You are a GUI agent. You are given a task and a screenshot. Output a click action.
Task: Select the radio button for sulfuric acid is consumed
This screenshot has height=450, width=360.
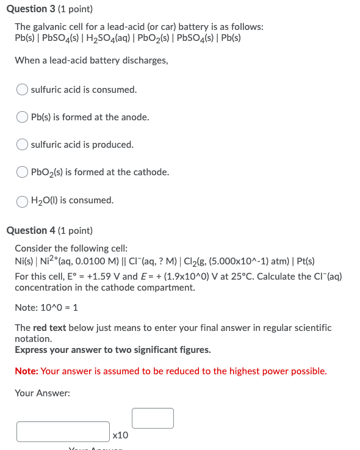(x=23, y=90)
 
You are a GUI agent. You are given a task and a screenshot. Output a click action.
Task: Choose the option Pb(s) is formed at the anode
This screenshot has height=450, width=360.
(x=23, y=117)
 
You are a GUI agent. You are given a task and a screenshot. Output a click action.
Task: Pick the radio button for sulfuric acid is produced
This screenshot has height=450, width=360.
(x=23, y=145)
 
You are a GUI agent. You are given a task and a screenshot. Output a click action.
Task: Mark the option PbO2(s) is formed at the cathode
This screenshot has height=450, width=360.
(x=23, y=172)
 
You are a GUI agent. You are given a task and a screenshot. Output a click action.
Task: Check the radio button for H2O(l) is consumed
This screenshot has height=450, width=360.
(x=23, y=200)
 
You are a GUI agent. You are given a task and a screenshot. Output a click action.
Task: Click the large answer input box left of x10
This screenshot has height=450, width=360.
(x=63, y=431)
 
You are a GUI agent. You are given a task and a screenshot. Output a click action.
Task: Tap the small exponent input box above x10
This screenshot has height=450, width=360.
(x=153, y=418)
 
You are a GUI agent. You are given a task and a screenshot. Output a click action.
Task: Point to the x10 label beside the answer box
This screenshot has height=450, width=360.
(x=121, y=435)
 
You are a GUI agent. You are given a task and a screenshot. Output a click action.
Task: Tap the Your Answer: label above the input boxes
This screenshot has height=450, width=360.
(x=42, y=393)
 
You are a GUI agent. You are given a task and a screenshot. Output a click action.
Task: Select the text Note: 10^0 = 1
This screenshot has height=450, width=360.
(x=45, y=308)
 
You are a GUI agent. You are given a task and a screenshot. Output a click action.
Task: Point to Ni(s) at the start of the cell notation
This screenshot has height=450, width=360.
(x=24, y=261)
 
